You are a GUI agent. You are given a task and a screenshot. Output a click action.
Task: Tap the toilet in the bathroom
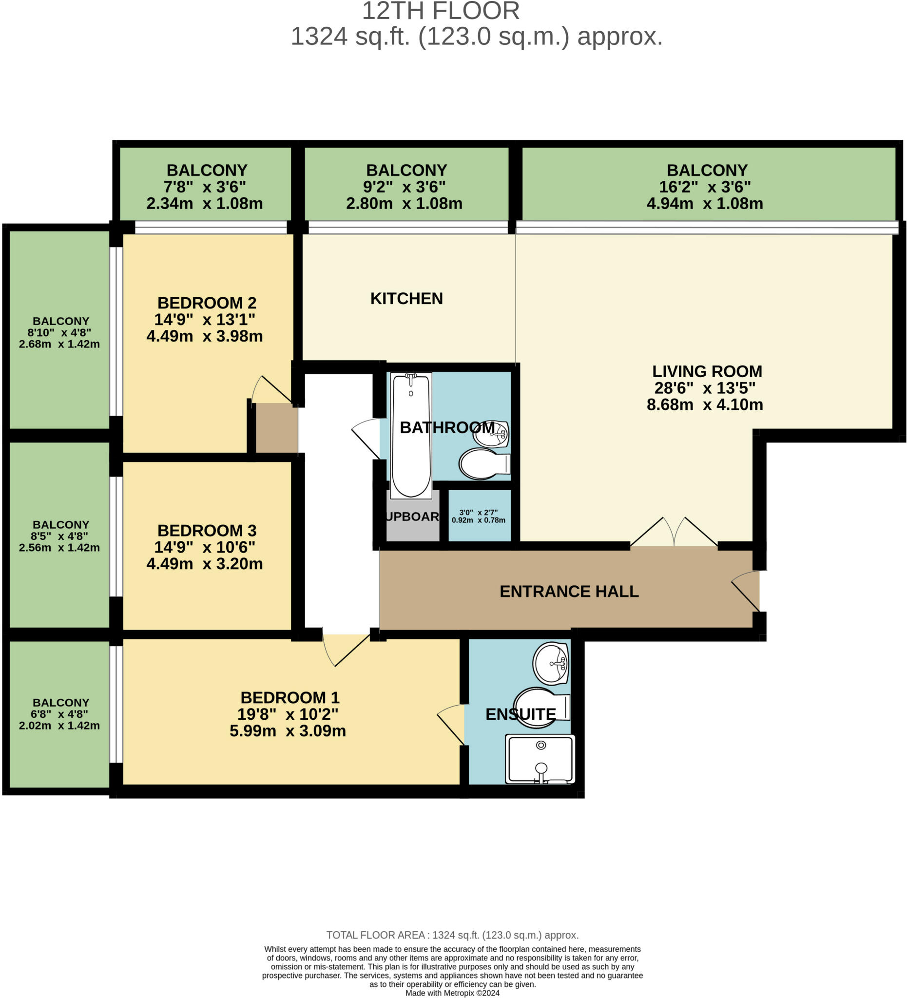click(482, 464)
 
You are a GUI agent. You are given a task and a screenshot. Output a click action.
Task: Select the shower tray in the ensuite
click(540, 759)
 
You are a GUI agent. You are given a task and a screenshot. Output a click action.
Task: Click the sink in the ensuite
click(550, 663)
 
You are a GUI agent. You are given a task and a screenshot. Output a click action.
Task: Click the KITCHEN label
click(406, 299)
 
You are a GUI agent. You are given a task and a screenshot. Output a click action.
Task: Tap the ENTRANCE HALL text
click(569, 591)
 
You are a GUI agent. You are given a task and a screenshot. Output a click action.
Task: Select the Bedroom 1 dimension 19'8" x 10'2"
click(287, 714)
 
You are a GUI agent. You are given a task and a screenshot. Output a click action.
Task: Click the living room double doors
click(674, 533)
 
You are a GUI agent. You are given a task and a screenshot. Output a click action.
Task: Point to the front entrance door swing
click(746, 591)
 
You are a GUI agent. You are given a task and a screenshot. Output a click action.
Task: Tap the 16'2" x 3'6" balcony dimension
click(705, 187)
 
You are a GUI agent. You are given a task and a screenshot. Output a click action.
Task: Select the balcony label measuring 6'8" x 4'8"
click(60, 714)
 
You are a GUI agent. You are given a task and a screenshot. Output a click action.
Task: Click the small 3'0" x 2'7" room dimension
click(478, 517)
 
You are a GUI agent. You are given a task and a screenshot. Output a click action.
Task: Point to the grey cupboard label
click(412, 517)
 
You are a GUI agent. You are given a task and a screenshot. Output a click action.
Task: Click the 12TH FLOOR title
click(441, 11)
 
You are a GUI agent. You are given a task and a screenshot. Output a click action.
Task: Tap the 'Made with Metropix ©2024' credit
click(452, 993)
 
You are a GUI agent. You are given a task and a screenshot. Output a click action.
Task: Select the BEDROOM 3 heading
click(207, 530)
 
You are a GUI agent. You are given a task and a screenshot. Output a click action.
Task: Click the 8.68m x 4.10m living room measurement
click(705, 404)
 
